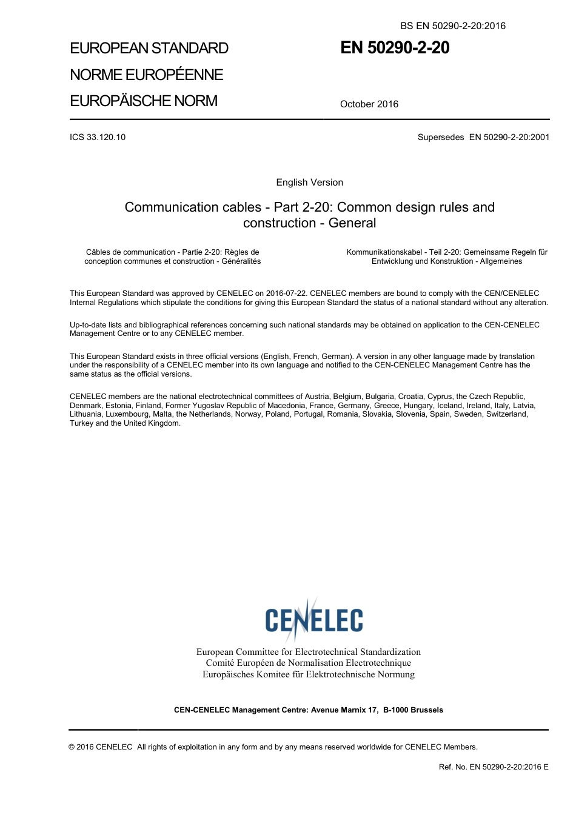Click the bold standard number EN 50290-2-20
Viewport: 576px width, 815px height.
pyautogui.click(x=395, y=48)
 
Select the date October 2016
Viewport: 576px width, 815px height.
pyautogui.click(x=369, y=104)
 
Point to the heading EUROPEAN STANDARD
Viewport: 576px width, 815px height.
pyautogui.click(x=149, y=49)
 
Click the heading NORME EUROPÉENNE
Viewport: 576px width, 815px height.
pyautogui.click(x=147, y=75)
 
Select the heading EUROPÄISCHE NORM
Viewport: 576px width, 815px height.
pyautogui.click(x=144, y=101)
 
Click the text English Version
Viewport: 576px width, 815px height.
pyautogui.click(x=309, y=183)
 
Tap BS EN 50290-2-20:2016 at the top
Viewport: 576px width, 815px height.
pyautogui.click(x=453, y=25)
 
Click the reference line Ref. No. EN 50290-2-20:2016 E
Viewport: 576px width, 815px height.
pyautogui.click(x=494, y=767)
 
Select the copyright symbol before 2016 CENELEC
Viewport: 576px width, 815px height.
pyautogui.click(x=72, y=747)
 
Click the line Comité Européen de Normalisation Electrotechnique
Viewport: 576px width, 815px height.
pyautogui.click(x=308, y=663)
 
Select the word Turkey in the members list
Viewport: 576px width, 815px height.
pyautogui.click(x=82, y=423)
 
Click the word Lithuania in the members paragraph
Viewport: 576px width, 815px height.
pyautogui.click(x=85, y=414)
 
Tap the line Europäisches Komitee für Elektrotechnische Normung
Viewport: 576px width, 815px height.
pyautogui.click(x=308, y=674)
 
